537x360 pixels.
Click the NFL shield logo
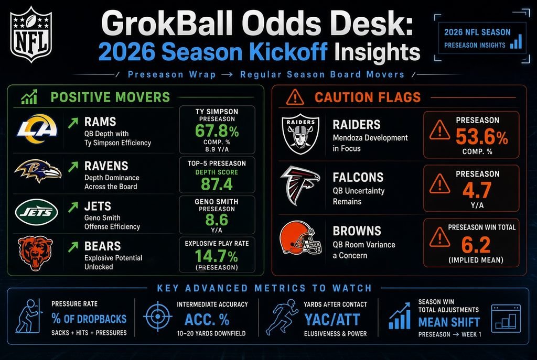tap(31, 34)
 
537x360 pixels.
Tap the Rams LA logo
tap(37, 129)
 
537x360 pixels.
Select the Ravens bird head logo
tap(38, 171)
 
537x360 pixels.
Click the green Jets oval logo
tap(36, 212)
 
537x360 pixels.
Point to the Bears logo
tap(35, 253)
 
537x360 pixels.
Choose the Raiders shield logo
tap(300, 134)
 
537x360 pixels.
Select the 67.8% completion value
tap(217, 130)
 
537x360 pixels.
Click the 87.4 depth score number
tap(217, 184)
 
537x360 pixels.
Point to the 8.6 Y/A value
tap(217, 220)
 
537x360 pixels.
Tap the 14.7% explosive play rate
tap(217, 256)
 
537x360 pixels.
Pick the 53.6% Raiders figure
tap(482, 137)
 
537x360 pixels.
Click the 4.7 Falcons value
tap(477, 190)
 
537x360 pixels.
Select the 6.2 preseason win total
tap(476, 244)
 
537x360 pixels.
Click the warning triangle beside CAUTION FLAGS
tap(295, 97)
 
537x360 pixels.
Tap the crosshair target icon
tap(157, 317)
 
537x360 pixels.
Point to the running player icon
tap(282, 317)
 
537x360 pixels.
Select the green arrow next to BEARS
tap(73, 247)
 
